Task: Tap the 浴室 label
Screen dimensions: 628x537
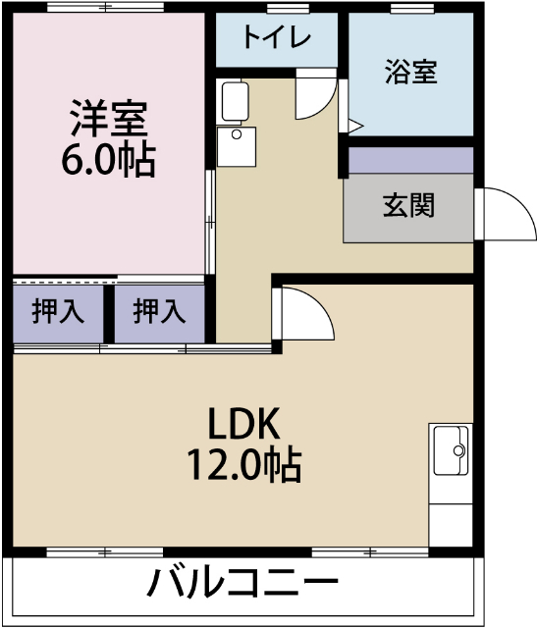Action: point(410,72)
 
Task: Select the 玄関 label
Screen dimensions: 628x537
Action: point(407,206)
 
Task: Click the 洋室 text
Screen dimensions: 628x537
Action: point(108,118)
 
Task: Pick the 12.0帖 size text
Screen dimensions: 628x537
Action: point(244,464)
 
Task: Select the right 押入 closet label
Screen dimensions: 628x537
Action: point(159,312)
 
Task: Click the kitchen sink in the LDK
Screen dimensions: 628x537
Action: point(452,451)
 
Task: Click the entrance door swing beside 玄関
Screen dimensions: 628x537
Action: point(503,214)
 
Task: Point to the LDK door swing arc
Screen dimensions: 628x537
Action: point(306,314)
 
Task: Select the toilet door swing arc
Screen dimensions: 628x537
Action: point(316,95)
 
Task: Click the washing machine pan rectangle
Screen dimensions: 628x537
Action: point(235,101)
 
